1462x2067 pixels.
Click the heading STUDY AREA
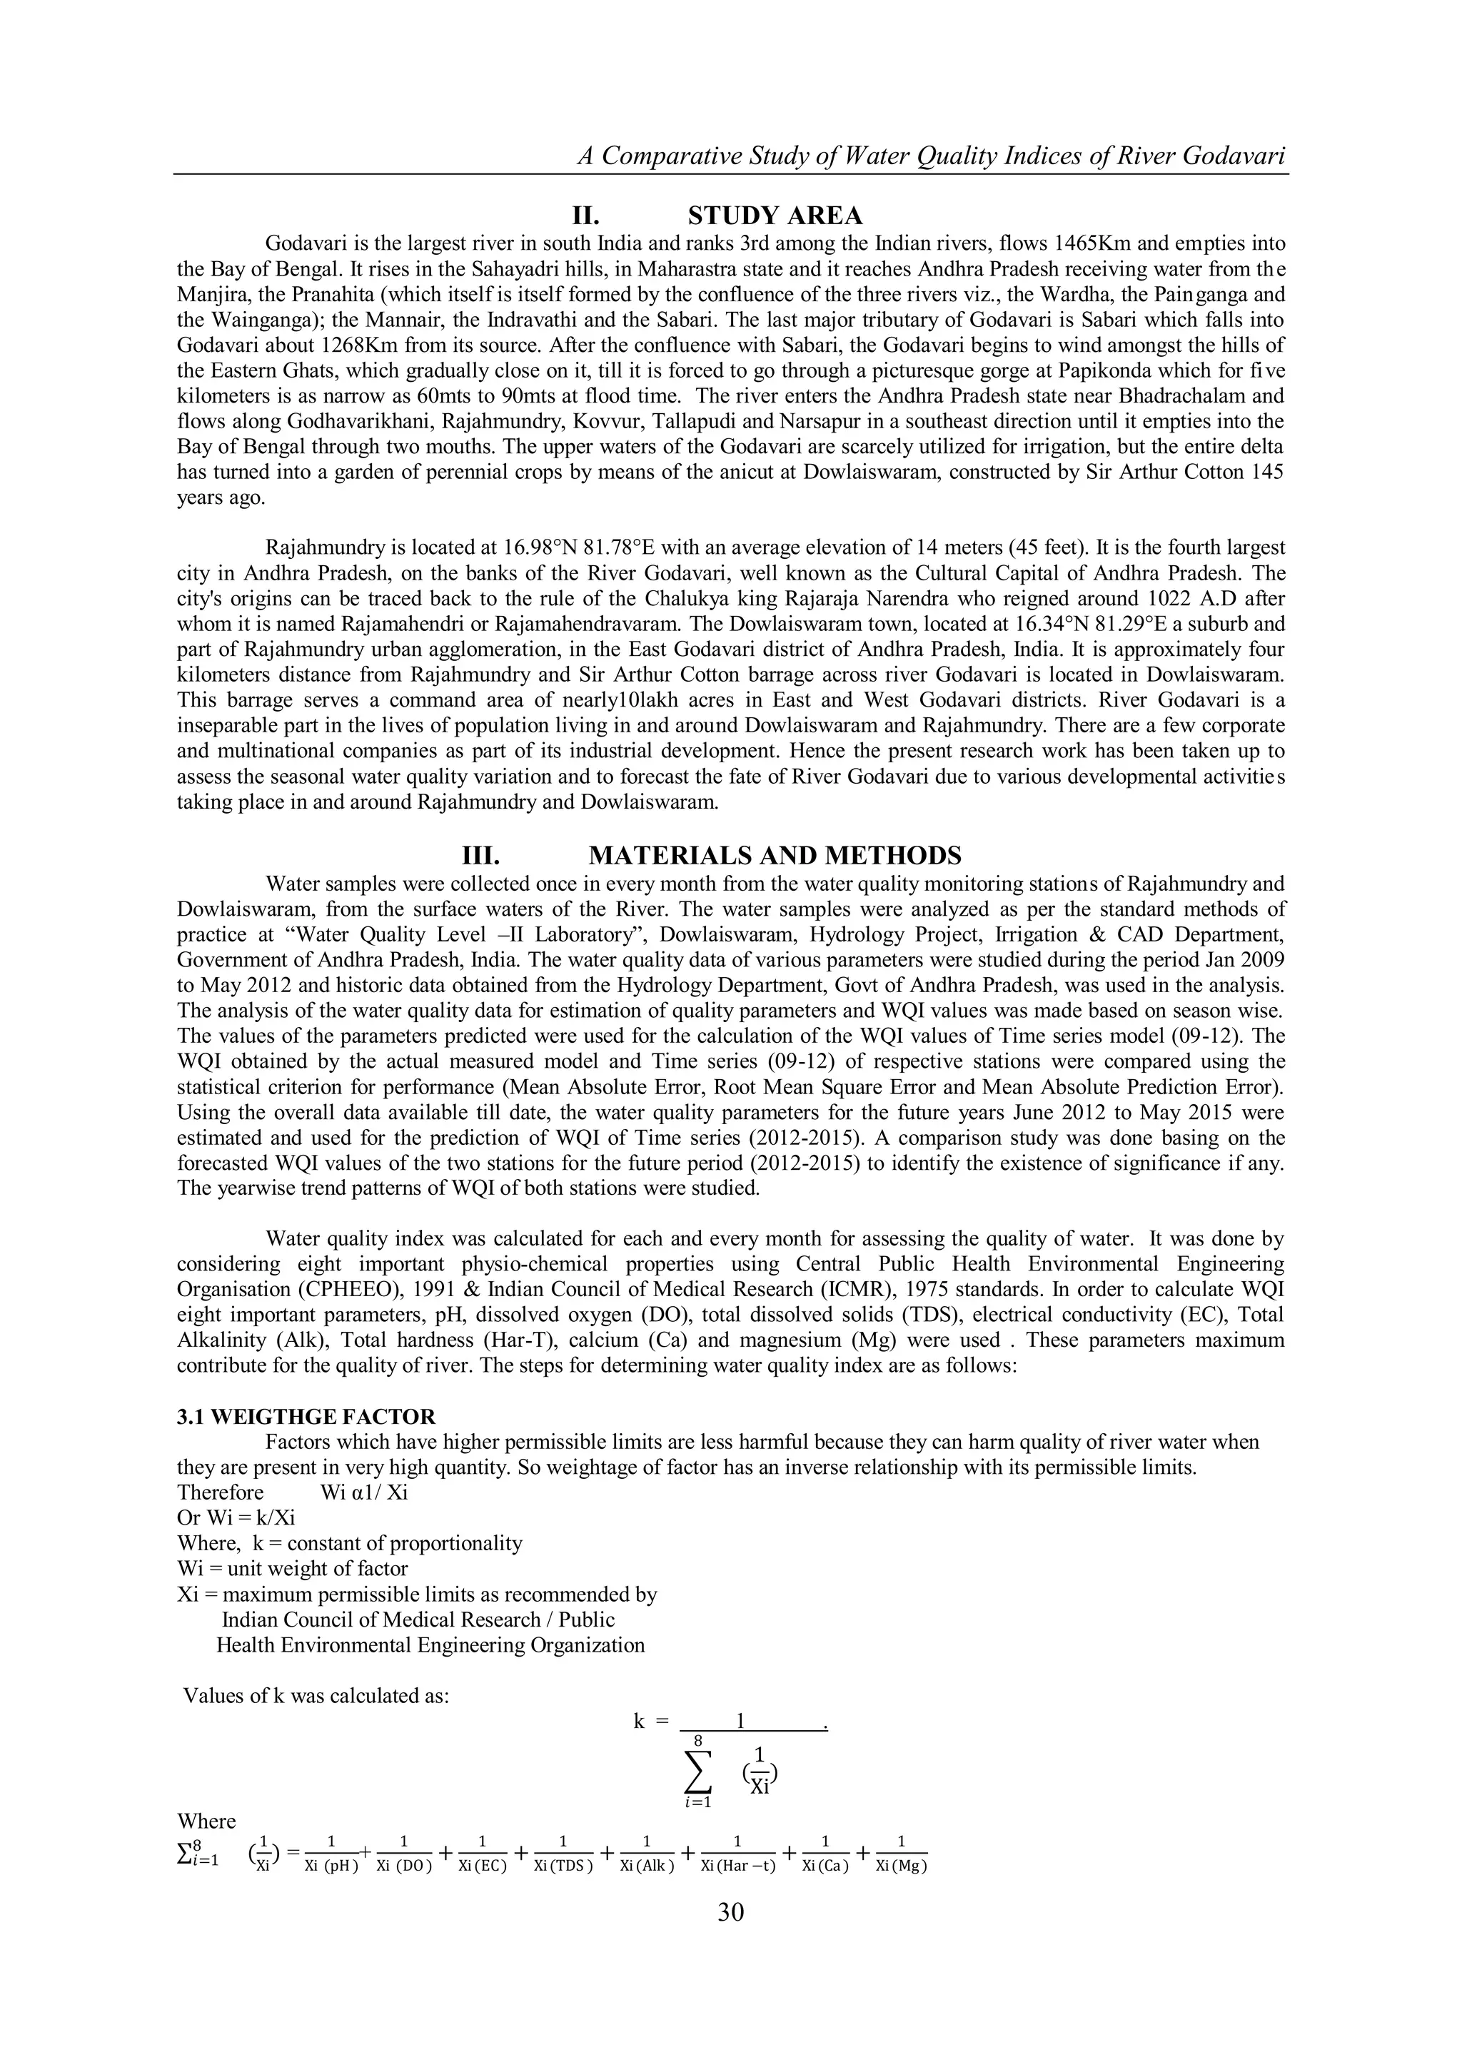[x=775, y=216]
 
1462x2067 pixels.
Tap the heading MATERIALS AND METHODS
[x=775, y=855]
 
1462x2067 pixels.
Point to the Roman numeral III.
[x=480, y=855]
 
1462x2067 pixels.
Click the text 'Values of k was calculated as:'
[x=316, y=1696]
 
